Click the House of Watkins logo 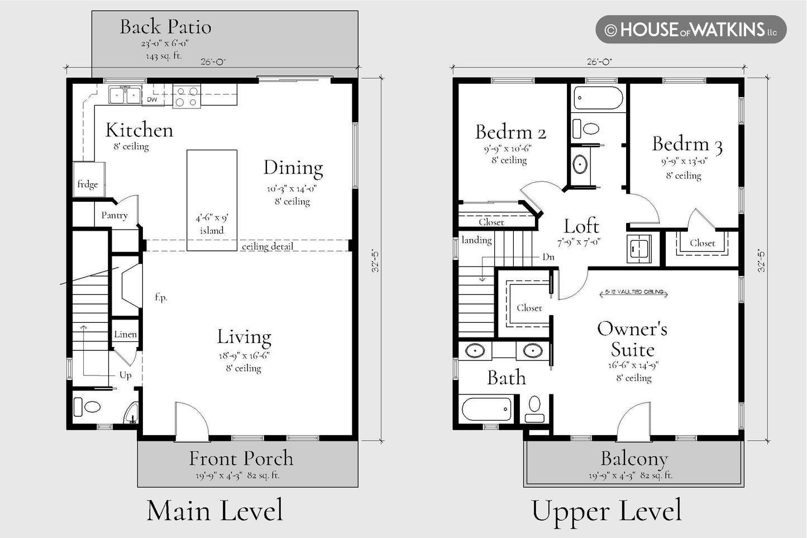(691, 30)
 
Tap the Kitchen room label (139, 130)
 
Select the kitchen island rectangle (212, 201)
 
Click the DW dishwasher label (152, 99)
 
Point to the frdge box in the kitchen (89, 179)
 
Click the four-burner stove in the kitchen (187, 96)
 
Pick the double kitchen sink (125, 95)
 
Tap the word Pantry (114, 216)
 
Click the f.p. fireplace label (161, 297)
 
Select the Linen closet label (125, 335)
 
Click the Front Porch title (241, 458)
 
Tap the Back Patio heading (165, 27)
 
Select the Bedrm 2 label (510, 132)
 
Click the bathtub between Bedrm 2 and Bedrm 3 (598, 98)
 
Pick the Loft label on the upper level (581, 226)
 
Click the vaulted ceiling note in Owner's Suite (634, 292)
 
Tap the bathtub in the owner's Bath (486, 409)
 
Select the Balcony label (634, 459)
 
